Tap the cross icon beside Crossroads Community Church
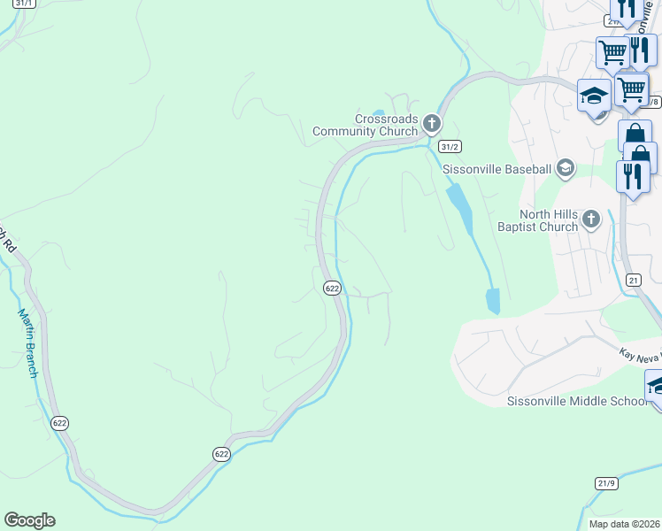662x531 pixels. coord(431,122)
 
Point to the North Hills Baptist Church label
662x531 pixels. coord(537,220)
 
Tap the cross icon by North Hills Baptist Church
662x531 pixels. coord(592,218)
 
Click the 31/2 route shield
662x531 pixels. coord(450,146)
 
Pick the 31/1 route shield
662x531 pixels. coord(25,4)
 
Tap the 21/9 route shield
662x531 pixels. coord(606,482)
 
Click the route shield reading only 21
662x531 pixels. coord(632,280)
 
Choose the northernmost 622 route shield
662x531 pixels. coord(332,288)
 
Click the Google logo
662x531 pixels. coord(29,520)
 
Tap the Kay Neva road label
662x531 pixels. coord(639,353)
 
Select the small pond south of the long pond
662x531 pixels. coord(493,301)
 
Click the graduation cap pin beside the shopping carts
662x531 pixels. coord(592,96)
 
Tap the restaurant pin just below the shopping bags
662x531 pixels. coord(632,175)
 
